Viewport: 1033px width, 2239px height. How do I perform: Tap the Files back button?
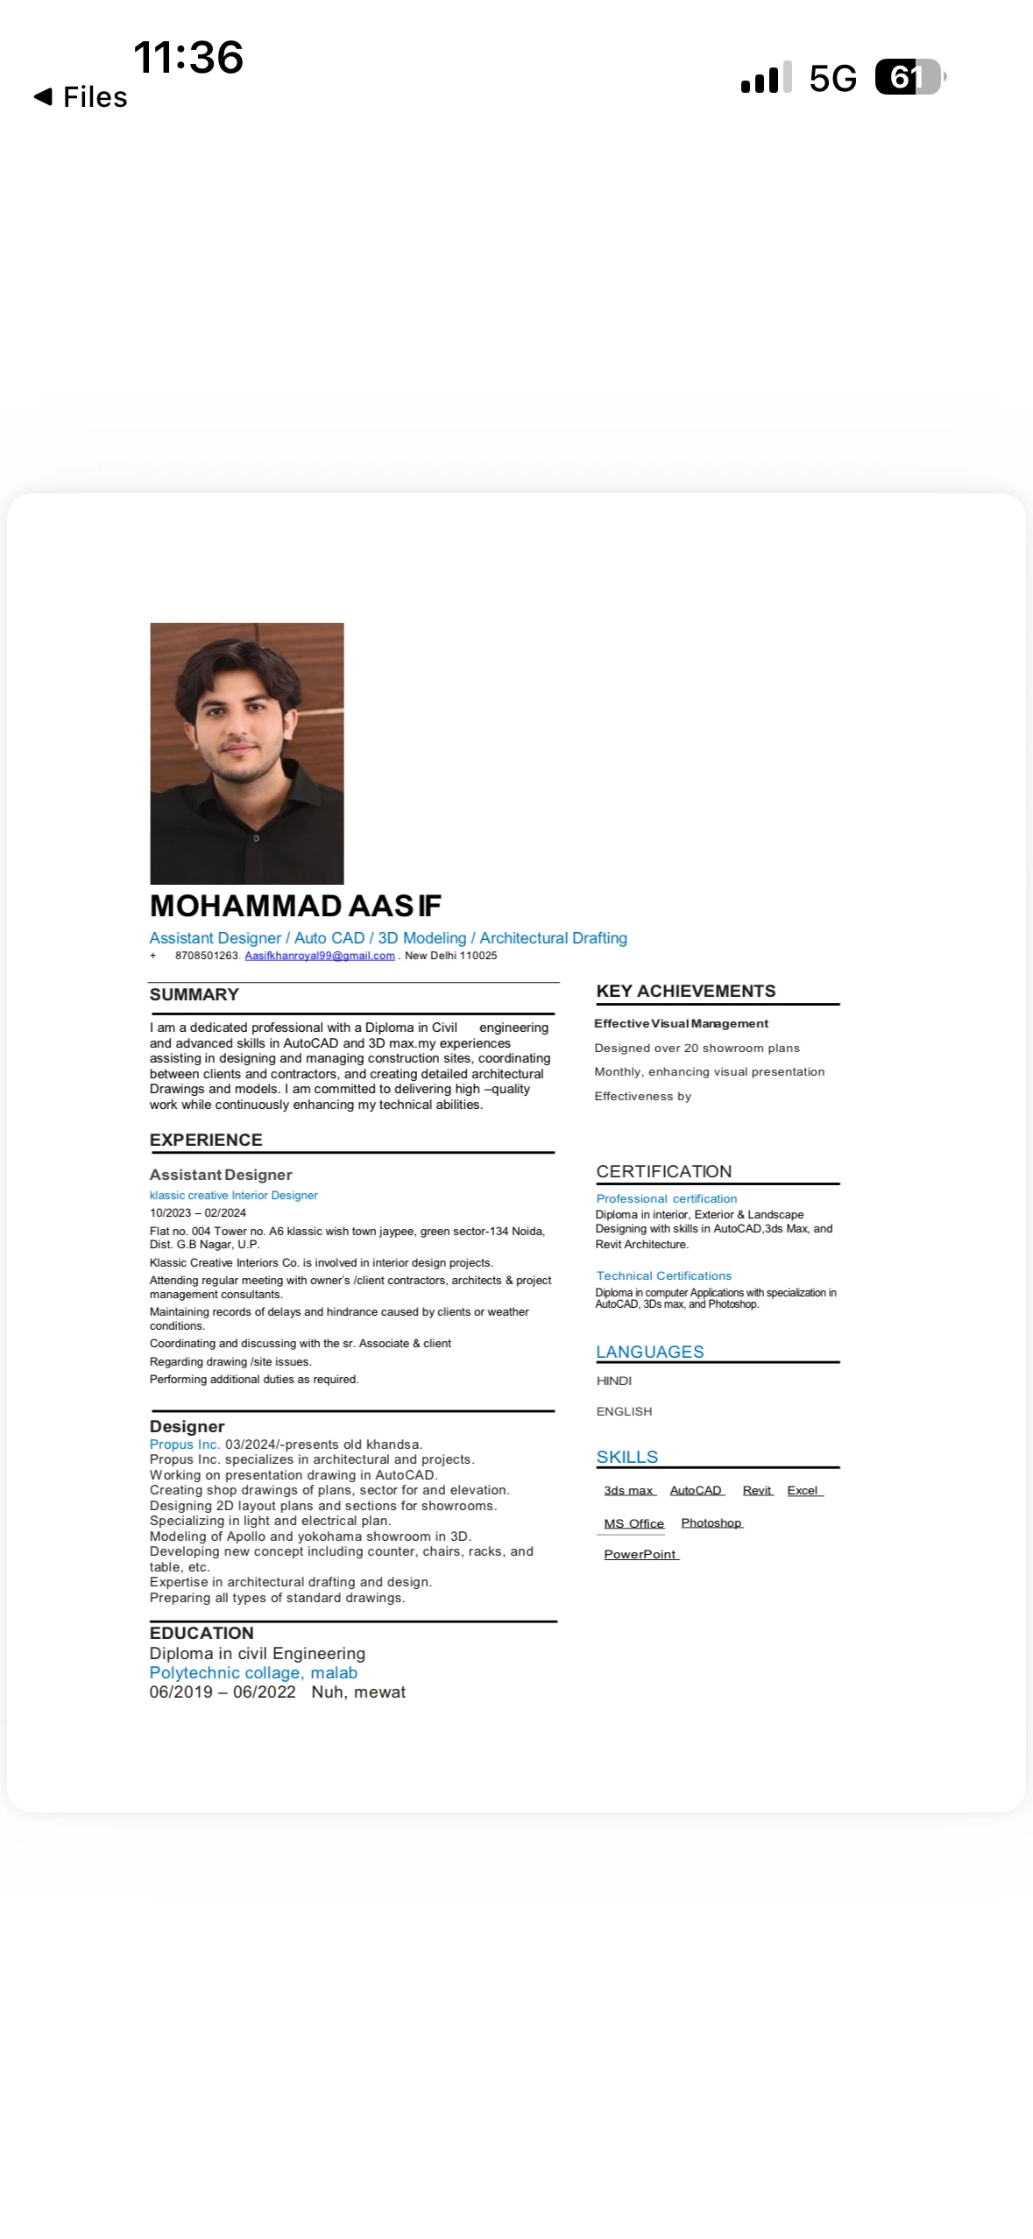[x=81, y=96]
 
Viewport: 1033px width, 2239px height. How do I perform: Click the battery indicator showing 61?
[x=909, y=77]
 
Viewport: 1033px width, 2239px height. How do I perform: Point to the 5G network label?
[x=832, y=79]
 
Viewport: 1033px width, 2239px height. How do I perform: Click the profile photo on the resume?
[x=247, y=753]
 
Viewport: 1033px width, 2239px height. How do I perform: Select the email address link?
[x=320, y=956]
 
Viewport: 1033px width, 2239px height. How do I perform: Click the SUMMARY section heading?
[x=195, y=994]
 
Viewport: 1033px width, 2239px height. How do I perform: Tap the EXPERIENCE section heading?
[x=206, y=1140]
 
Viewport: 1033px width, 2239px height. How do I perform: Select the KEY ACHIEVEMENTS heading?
[x=686, y=991]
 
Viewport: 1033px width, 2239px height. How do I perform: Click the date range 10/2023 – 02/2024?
[x=198, y=1213]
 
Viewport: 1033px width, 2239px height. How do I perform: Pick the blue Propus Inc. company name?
[x=184, y=1444]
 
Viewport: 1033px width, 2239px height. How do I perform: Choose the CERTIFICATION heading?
[x=664, y=1171]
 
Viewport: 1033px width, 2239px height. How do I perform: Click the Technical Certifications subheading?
[x=664, y=1276]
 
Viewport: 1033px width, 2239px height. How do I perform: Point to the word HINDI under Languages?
[x=614, y=1381]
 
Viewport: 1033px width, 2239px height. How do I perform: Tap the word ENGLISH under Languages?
[x=624, y=1411]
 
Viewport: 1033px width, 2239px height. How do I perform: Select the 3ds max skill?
[x=629, y=1490]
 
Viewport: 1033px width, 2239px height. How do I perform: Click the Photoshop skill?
[x=711, y=1522]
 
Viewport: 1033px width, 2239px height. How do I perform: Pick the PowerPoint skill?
[x=640, y=1554]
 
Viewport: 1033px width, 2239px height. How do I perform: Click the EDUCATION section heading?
[x=202, y=1633]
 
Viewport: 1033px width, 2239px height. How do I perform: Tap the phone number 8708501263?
[x=207, y=956]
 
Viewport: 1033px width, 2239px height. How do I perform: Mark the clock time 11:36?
[x=188, y=58]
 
